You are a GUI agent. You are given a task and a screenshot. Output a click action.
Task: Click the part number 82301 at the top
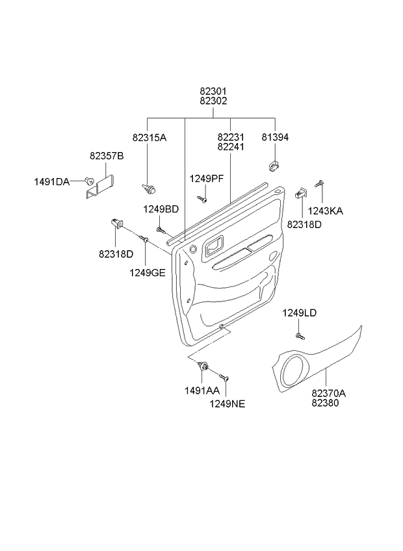tap(213, 92)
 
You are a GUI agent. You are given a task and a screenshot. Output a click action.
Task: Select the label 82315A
tap(149, 138)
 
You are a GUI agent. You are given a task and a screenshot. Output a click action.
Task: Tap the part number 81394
tap(275, 138)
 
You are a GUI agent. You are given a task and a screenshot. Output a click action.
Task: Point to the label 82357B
tap(107, 156)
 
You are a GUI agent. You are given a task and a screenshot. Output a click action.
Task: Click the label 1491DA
tap(51, 181)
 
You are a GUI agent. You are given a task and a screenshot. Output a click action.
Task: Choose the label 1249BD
tap(161, 209)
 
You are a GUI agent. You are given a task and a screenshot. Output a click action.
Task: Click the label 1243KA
tap(326, 211)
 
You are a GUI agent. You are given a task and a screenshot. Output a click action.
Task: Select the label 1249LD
tap(299, 313)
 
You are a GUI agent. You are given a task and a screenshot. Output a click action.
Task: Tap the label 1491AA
tap(203, 391)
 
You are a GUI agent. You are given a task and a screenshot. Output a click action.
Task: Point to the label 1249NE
tap(227, 404)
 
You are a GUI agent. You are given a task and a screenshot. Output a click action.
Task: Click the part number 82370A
tap(328, 393)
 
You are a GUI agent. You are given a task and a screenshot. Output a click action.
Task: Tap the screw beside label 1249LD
tap(300, 335)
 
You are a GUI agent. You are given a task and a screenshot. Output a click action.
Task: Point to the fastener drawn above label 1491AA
tap(205, 368)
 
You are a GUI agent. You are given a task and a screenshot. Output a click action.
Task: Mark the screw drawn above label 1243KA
tap(320, 184)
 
